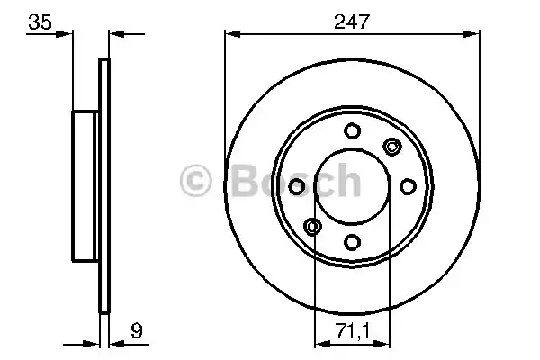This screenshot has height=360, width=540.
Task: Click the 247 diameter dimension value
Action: (x=350, y=22)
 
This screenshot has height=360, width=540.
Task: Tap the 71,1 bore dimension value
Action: (x=351, y=329)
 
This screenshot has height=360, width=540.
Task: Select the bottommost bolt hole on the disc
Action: (x=351, y=241)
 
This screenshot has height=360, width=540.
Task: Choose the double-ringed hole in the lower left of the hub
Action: (x=311, y=225)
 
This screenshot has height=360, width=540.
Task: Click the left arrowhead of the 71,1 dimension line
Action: (x=319, y=342)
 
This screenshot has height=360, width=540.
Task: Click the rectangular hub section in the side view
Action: (x=85, y=184)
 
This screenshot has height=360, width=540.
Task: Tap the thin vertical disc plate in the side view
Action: (x=103, y=185)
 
